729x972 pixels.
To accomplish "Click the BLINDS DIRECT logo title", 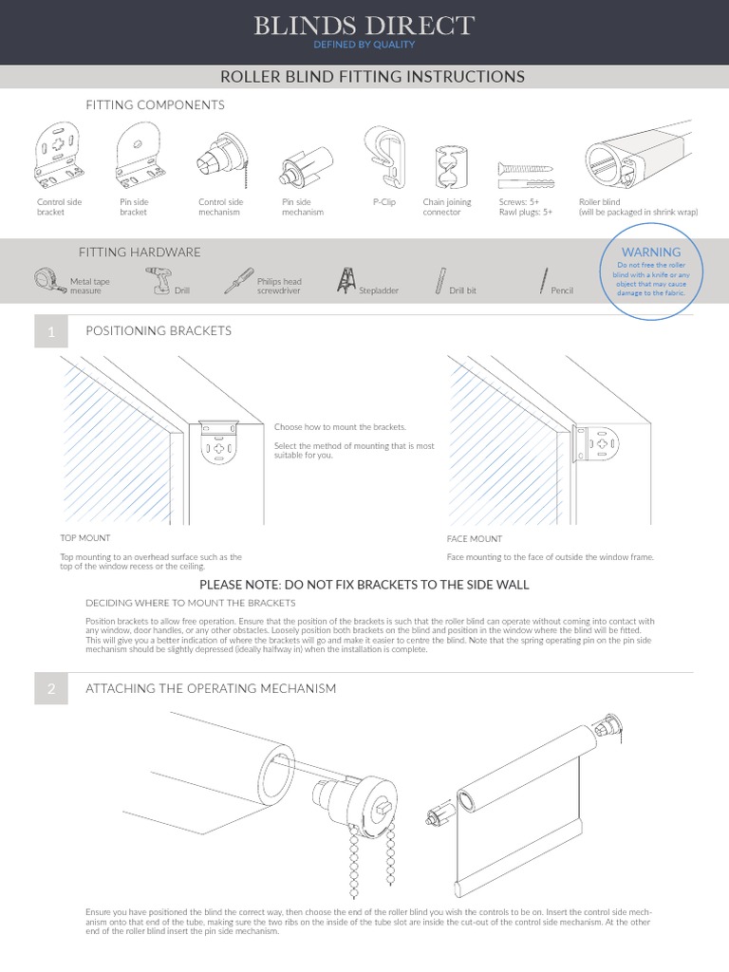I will click(x=364, y=26).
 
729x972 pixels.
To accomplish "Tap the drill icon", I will click(x=158, y=280).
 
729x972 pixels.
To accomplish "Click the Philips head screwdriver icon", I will click(x=238, y=280).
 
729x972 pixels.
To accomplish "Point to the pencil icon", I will click(x=544, y=281).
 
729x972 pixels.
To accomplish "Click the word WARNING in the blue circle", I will click(x=650, y=252).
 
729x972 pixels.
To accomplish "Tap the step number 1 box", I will click(x=50, y=331).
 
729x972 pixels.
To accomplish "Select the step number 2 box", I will click(x=50, y=688).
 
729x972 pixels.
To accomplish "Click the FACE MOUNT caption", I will click(x=475, y=539).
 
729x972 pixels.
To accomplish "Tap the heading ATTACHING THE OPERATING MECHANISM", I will click(x=211, y=688).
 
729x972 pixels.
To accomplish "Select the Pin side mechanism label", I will click(x=303, y=207).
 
